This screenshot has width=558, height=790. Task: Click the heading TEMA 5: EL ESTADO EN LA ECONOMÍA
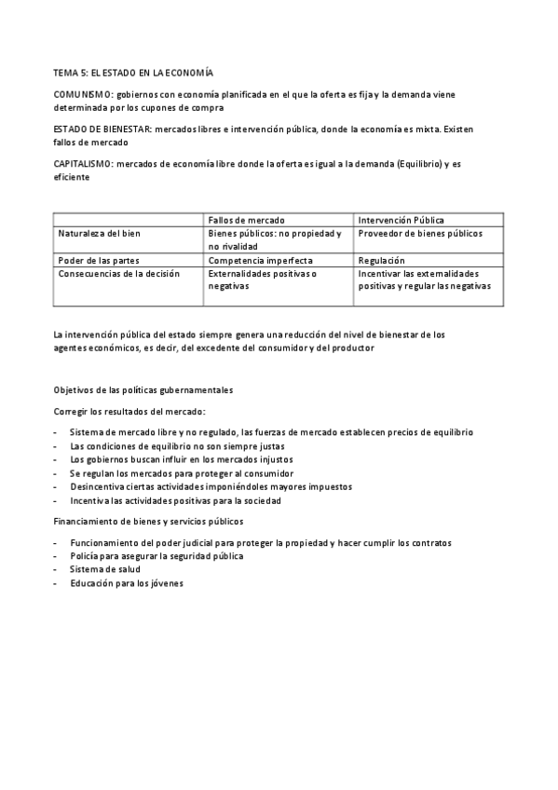click(x=133, y=71)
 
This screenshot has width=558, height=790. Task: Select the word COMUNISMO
click(x=84, y=94)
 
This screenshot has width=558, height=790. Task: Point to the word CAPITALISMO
click(x=87, y=164)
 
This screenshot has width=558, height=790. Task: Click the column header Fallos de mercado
click(x=246, y=219)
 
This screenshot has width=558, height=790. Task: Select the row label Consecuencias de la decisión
click(x=118, y=274)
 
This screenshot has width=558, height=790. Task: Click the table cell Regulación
click(x=381, y=261)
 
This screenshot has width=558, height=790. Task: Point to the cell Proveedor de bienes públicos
click(x=420, y=233)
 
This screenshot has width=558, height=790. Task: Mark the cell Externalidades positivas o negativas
click(x=262, y=280)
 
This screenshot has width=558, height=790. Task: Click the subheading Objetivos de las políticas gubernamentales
click(x=143, y=388)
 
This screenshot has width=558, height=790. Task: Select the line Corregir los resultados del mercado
click(x=129, y=411)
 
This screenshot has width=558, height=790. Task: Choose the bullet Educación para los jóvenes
click(x=126, y=583)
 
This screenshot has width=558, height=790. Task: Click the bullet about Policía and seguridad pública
click(x=157, y=555)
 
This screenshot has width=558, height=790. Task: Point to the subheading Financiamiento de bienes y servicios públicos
click(x=148, y=521)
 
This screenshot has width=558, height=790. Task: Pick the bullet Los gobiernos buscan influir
click(x=182, y=459)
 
